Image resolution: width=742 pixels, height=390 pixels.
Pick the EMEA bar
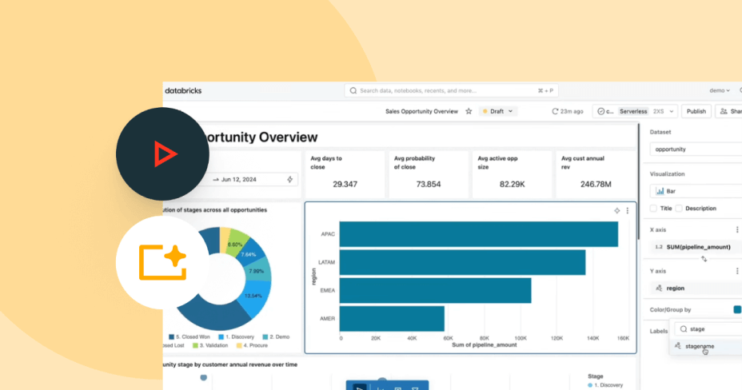[x=435, y=290]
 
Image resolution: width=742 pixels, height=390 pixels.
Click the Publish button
[x=696, y=111]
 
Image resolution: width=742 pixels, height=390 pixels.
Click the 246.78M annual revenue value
[x=596, y=185]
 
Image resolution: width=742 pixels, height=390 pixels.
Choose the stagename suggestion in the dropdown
[x=700, y=346]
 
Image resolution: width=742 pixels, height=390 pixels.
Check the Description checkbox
[x=680, y=209]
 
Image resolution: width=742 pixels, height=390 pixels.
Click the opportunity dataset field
[x=694, y=149]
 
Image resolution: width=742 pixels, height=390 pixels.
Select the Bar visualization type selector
[x=694, y=191]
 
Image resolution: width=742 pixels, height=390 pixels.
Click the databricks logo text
[x=183, y=90]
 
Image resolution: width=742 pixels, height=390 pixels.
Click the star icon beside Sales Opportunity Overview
[x=469, y=111]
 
